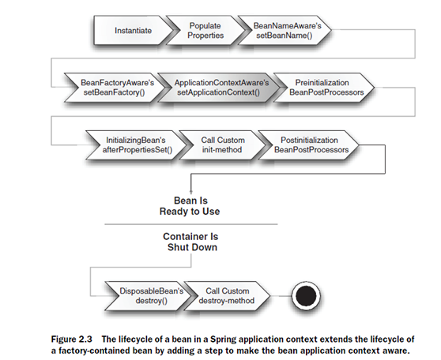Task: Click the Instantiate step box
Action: pyautogui.click(x=133, y=30)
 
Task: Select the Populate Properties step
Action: pyautogui.click(x=205, y=30)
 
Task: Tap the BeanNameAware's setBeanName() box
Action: pyautogui.click(x=285, y=30)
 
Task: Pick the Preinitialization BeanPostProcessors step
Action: pyautogui.click(x=324, y=88)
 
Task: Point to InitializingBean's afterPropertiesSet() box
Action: pyautogui.click(x=136, y=144)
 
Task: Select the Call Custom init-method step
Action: pyautogui.click(x=222, y=144)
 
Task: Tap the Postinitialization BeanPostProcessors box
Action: pyautogui.click(x=308, y=144)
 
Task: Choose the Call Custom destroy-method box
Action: pyautogui.click(x=227, y=295)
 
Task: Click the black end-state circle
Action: pyautogui.click(x=306, y=296)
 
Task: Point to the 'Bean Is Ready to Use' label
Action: pyautogui.click(x=190, y=206)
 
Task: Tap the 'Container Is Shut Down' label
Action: pyautogui.click(x=191, y=242)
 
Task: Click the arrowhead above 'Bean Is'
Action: pyautogui.click(x=191, y=192)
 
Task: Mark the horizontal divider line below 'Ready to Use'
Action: pyautogui.click(x=191, y=224)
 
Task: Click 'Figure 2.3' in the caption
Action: pyautogui.click(x=71, y=339)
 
